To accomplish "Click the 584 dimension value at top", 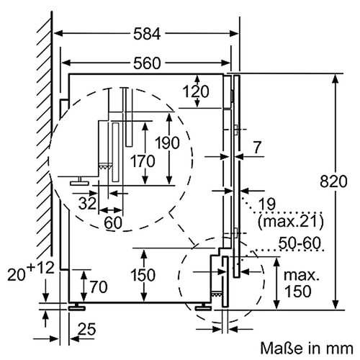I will pos(147,33).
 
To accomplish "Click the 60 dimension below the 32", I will pos(112,222).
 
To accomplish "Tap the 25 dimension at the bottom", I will pos(86,330).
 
